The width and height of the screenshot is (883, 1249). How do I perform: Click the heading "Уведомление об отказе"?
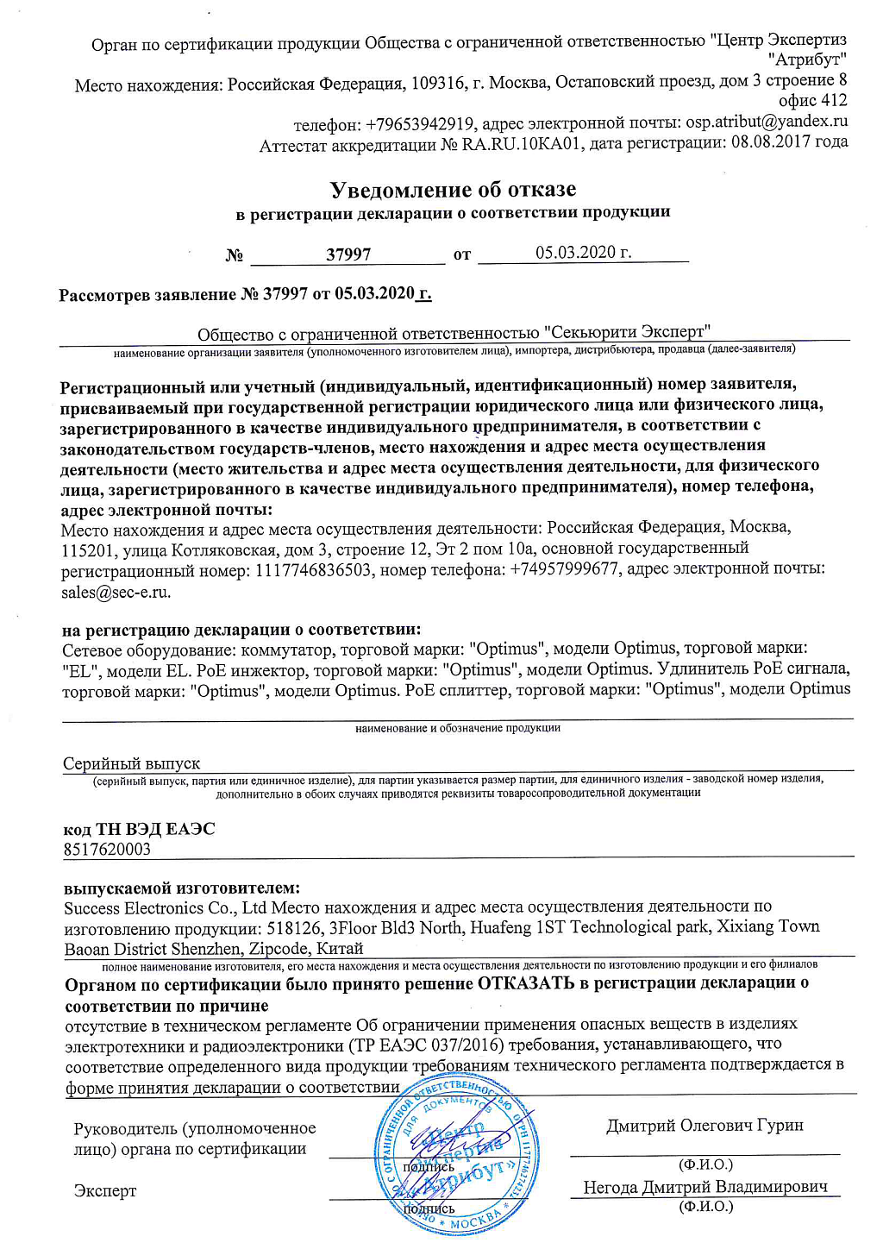(454, 189)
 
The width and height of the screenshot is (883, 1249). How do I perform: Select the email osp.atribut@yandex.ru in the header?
(767, 122)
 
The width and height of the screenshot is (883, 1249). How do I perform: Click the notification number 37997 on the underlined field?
(348, 254)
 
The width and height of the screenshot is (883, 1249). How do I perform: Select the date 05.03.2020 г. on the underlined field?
(583, 252)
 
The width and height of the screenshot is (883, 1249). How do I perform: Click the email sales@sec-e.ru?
(116, 592)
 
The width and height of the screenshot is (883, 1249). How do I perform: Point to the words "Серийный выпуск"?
(131, 763)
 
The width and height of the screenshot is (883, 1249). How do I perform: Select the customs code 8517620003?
(107, 849)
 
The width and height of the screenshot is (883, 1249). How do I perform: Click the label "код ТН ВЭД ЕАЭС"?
(140, 829)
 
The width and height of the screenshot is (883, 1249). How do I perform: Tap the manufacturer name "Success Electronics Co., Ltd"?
(166, 907)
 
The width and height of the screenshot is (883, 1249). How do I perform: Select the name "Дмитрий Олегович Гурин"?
(705, 1125)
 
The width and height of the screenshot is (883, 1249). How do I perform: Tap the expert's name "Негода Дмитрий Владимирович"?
(705, 1187)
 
